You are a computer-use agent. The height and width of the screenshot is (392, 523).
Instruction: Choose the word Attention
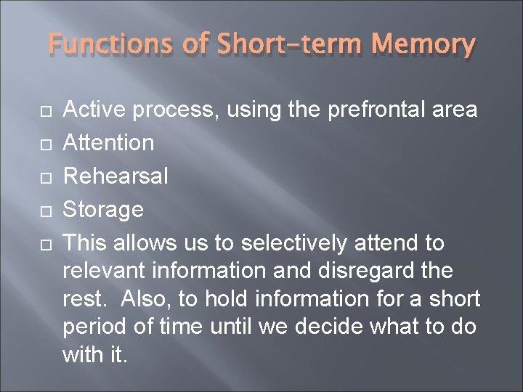[109, 142]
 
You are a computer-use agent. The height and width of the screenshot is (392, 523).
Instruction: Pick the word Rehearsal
[116, 176]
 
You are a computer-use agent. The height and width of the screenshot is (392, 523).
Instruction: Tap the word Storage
[103, 209]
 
